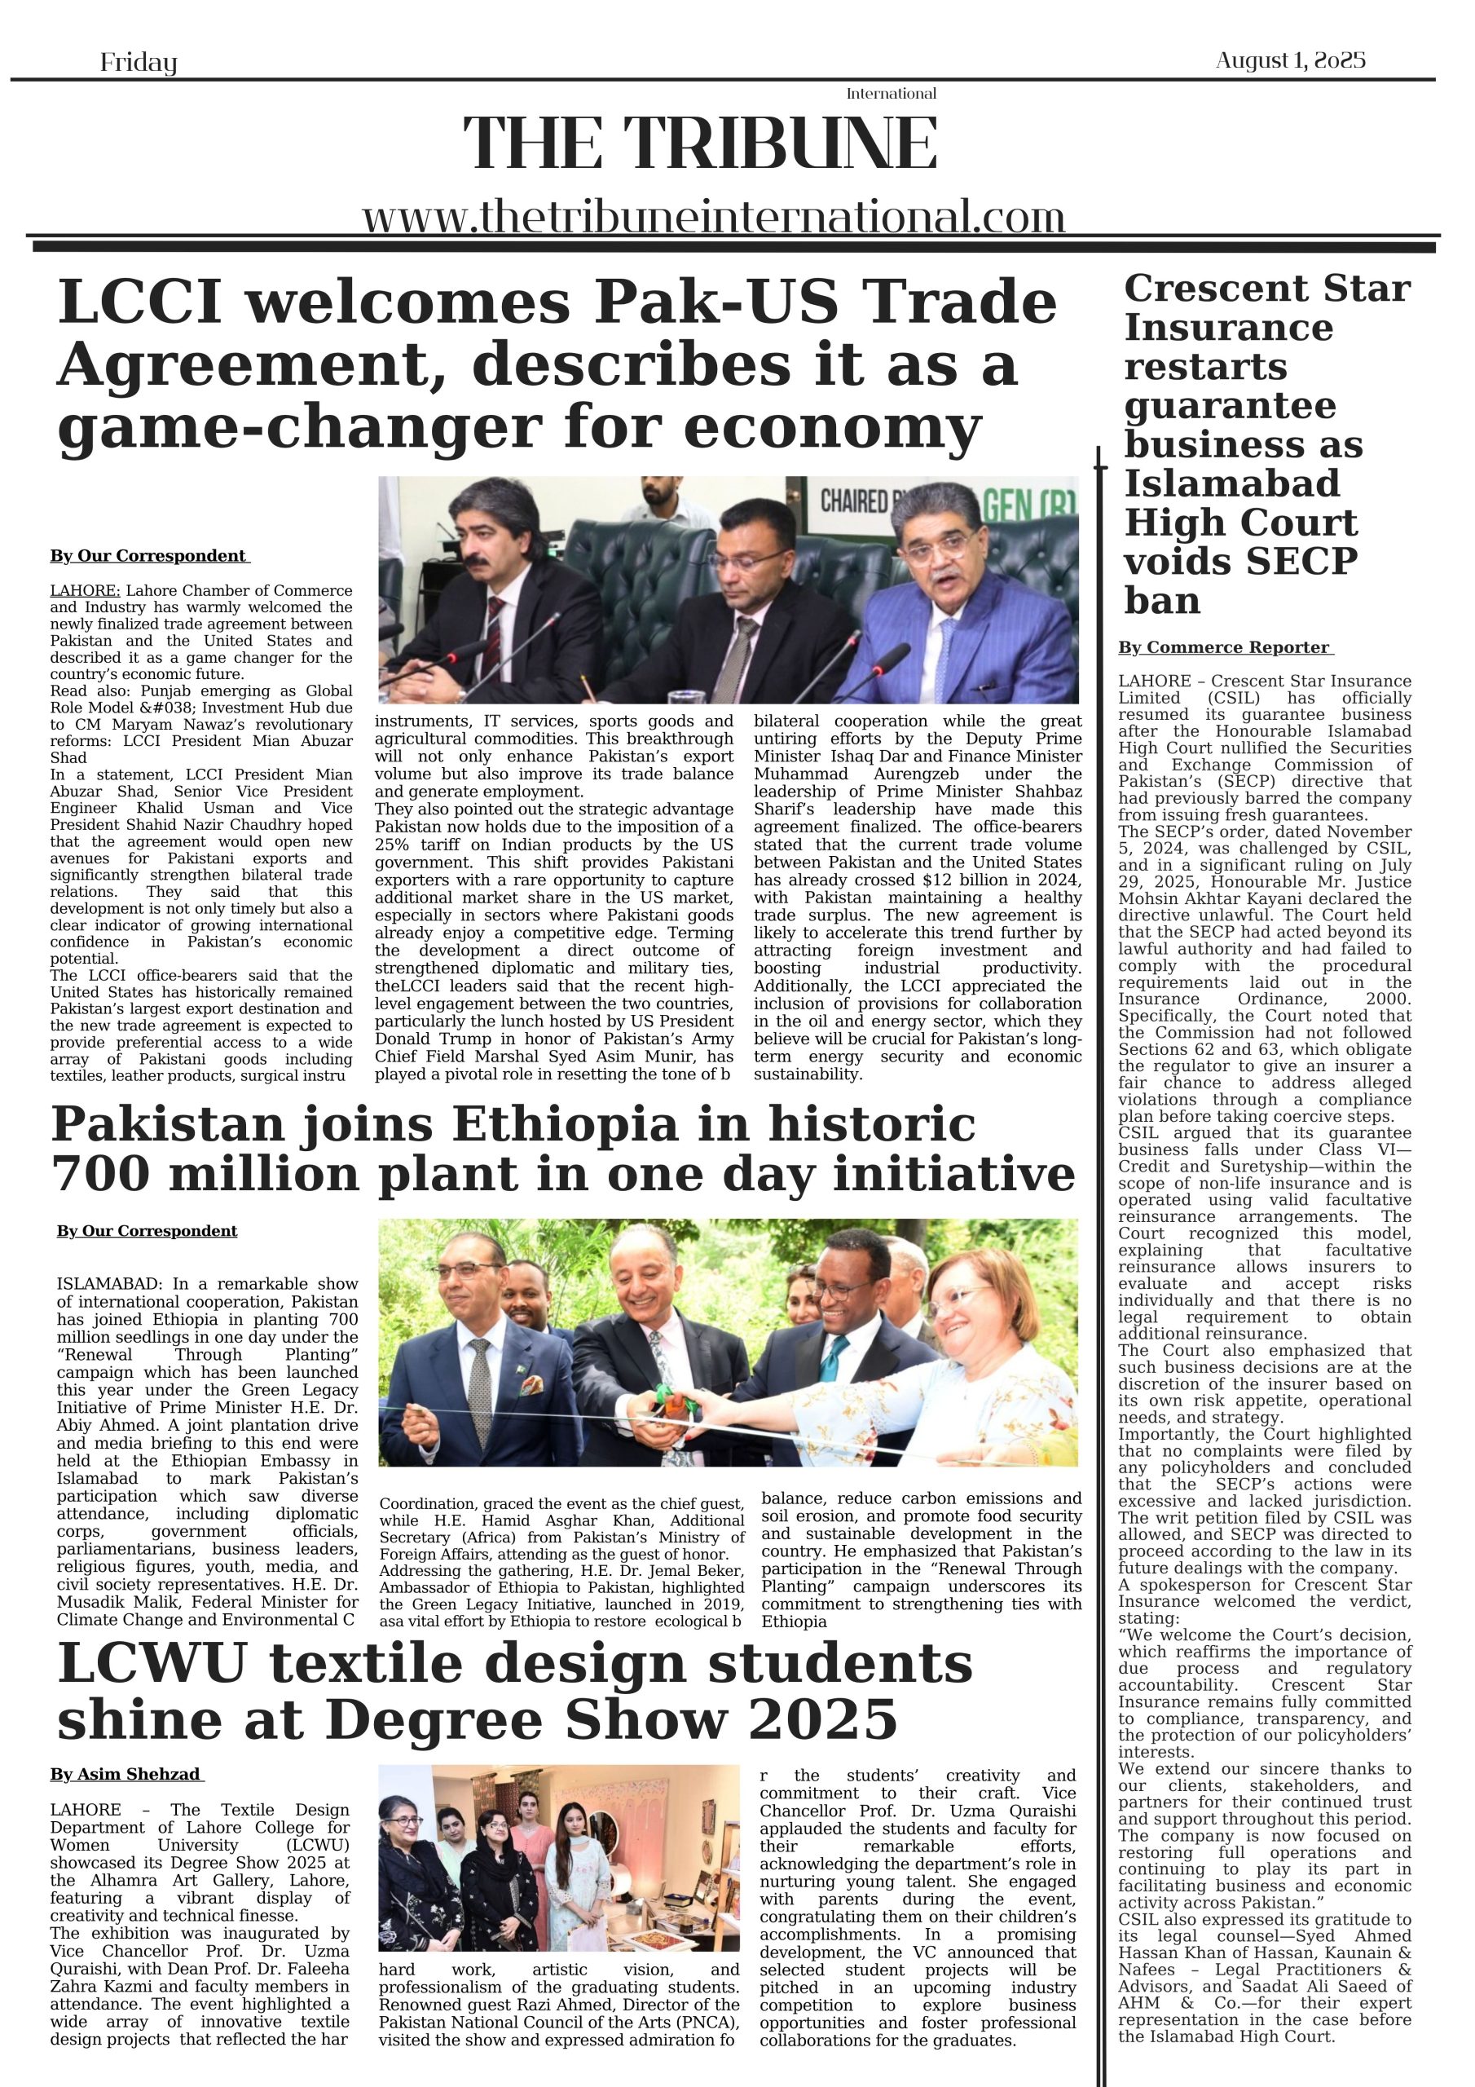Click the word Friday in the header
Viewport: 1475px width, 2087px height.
[139, 63]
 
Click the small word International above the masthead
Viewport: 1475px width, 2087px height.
[891, 94]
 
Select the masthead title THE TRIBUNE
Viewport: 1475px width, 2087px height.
[700, 143]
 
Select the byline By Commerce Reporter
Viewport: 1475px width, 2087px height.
[1225, 647]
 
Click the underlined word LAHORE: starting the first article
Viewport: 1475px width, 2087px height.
[85, 591]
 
